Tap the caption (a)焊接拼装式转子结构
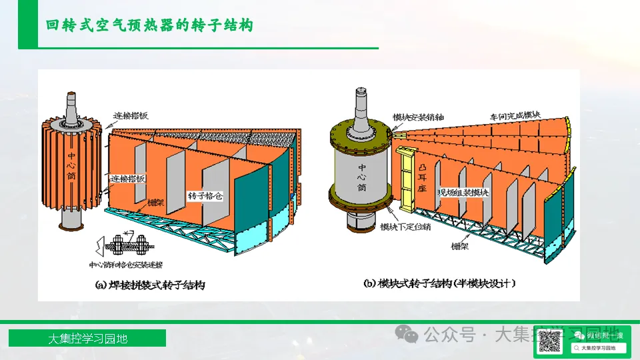[149, 285]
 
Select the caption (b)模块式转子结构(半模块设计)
[439, 283]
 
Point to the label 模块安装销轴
[418, 117]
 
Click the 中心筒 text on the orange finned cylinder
[71, 165]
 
